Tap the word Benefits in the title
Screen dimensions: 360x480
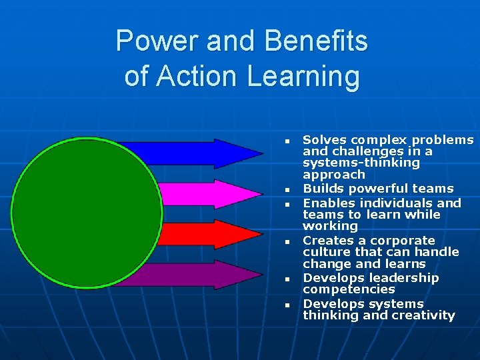(315, 41)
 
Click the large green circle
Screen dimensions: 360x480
(87, 213)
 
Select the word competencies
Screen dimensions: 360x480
(349, 290)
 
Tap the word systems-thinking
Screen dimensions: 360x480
(361, 163)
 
